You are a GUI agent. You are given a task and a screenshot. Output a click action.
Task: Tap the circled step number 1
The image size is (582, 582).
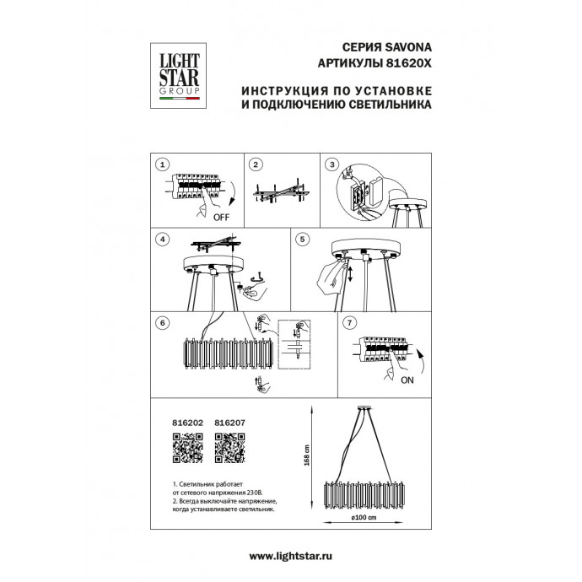[x=164, y=164]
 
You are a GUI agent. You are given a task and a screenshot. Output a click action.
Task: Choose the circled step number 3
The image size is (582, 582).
[x=332, y=164]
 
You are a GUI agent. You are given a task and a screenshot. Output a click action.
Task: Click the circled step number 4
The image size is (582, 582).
[x=164, y=240]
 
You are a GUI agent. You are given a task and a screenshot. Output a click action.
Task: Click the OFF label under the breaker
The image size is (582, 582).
[x=222, y=217]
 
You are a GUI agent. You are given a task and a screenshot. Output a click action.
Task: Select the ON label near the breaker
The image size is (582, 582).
[x=407, y=380]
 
